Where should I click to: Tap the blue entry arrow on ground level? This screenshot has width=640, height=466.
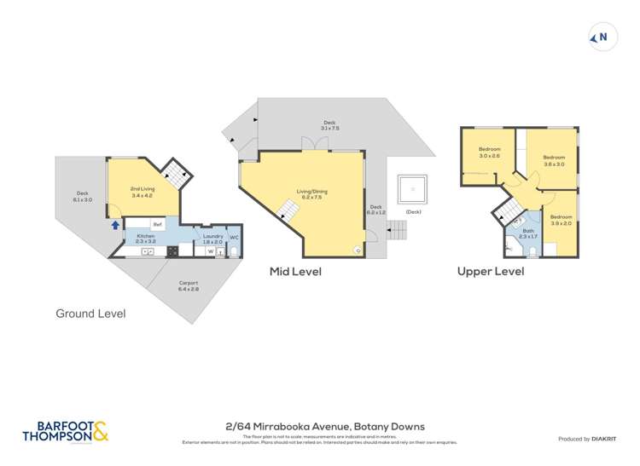[115, 226]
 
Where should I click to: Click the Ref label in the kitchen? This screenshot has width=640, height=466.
[157, 224]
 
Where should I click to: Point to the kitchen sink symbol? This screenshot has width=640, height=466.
[147, 251]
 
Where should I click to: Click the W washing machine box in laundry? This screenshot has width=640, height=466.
[210, 251]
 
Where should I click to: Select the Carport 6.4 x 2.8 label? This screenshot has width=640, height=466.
[188, 286]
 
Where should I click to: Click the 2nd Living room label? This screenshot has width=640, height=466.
[142, 192]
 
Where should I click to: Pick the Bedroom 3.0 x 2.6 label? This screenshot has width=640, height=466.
[489, 152]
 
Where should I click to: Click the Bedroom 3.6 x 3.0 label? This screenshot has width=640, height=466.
[554, 160]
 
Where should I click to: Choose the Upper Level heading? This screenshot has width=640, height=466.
[491, 272]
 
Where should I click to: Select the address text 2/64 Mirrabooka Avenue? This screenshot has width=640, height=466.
[324, 426]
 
